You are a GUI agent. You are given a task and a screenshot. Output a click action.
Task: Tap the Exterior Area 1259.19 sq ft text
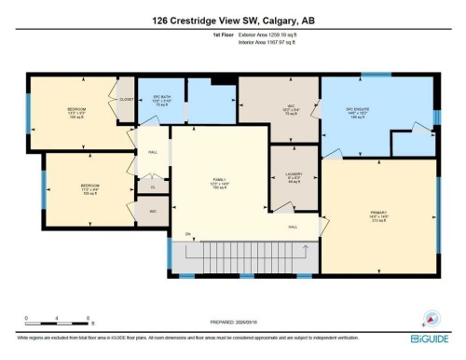coord(272,35)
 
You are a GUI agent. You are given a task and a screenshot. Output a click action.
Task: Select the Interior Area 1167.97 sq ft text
coord(271,43)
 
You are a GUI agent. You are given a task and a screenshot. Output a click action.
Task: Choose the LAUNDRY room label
coord(294,175)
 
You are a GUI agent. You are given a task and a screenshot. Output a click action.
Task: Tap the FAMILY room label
coord(220,182)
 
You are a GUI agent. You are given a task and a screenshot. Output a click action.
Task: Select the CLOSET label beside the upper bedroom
coord(125,97)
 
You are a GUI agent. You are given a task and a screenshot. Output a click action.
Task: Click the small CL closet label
coord(153,187)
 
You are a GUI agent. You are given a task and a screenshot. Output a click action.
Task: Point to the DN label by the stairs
coord(186,233)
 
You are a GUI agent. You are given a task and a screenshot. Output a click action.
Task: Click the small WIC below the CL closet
coord(153,211)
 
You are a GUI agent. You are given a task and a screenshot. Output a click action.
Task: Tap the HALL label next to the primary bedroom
coord(292,227)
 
